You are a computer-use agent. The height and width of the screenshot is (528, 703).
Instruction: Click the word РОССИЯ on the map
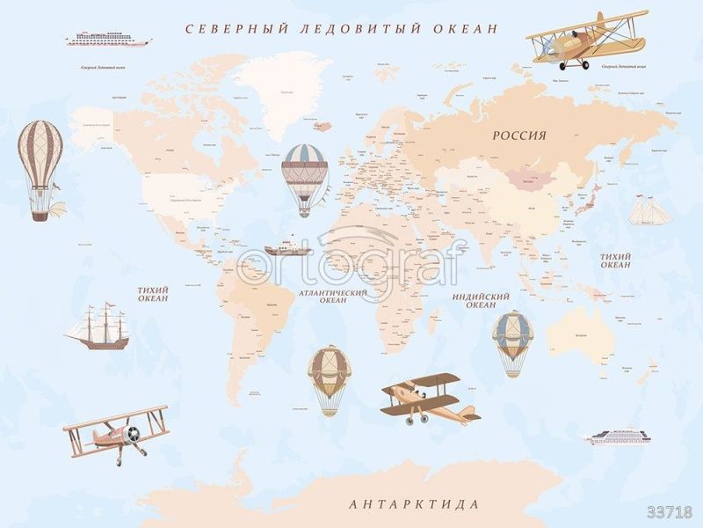click(x=518, y=136)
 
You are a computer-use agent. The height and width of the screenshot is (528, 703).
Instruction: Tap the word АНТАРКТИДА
click(x=414, y=504)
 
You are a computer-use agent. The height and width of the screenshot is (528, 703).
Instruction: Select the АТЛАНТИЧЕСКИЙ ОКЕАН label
click(x=333, y=297)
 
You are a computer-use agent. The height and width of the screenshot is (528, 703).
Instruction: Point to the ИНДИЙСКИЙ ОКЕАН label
click(x=481, y=301)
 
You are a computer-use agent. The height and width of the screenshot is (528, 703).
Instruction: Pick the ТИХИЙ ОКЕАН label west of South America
click(x=153, y=294)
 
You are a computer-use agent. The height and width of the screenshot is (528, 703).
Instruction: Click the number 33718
click(x=670, y=511)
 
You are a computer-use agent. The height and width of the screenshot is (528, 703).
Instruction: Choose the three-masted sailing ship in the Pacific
click(x=98, y=327)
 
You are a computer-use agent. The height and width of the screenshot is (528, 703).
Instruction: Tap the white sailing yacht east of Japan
click(x=649, y=211)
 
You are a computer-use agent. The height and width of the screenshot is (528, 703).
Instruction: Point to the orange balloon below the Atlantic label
click(x=330, y=379)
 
